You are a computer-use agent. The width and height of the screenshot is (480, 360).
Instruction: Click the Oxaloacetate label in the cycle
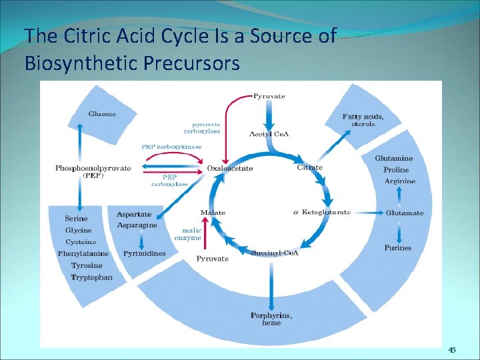click(x=230, y=169)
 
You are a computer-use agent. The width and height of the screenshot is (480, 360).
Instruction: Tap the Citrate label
click(x=309, y=167)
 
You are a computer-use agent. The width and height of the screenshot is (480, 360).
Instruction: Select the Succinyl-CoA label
click(x=275, y=253)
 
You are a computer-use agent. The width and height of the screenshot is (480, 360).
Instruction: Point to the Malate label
click(x=213, y=213)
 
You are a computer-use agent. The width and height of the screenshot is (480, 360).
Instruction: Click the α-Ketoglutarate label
click(x=322, y=212)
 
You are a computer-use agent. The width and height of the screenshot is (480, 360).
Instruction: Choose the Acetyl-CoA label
click(x=273, y=134)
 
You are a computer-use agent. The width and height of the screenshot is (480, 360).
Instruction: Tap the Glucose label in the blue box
click(x=102, y=114)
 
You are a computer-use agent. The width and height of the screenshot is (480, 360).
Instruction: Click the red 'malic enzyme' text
click(x=187, y=233)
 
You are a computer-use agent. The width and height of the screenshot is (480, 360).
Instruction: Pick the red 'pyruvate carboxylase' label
click(x=206, y=127)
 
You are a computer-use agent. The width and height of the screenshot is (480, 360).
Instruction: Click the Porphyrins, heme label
click(x=271, y=319)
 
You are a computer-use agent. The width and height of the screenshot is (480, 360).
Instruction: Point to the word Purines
click(x=397, y=248)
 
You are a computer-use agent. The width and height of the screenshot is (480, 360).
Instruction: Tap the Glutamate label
click(x=405, y=213)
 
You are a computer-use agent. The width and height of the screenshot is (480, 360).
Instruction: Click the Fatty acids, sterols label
click(x=363, y=121)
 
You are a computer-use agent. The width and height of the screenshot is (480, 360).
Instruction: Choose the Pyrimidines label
click(x=144, y=253)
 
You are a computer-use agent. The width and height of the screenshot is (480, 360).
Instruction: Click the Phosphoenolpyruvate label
click(x=93, y=168)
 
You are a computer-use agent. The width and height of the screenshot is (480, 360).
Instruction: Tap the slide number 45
click(x=452, y=351)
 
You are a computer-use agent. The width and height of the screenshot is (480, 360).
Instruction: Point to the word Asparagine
click(x=137, y=225)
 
